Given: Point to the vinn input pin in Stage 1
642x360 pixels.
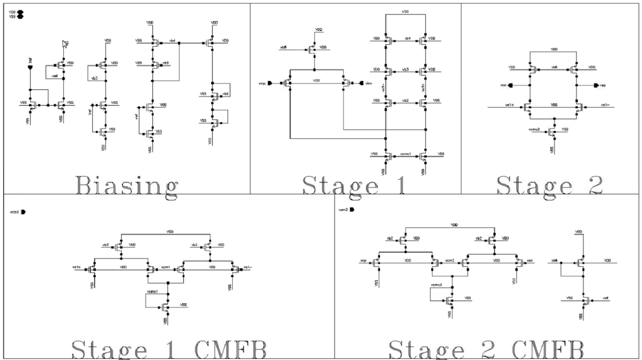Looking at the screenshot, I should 360,83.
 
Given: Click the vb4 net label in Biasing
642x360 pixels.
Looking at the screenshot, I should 172,40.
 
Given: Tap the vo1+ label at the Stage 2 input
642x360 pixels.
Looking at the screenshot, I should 509,105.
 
